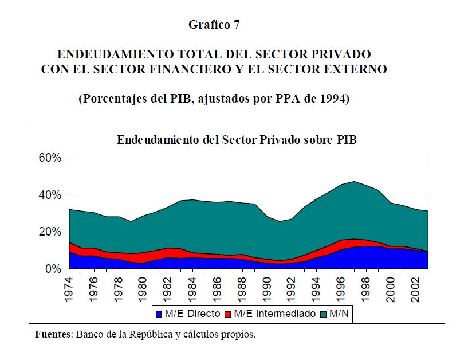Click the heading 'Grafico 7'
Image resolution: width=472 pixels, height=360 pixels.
point(214,25)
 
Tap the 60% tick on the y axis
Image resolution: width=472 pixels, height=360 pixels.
point(49,158)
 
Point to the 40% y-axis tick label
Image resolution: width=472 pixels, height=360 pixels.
point(49,195)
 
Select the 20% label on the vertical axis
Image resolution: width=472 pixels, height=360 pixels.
point(49,232)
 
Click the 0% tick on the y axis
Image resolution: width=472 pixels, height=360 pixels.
point(52,269)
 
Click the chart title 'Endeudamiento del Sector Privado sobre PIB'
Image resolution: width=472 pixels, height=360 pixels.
point(237,140)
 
